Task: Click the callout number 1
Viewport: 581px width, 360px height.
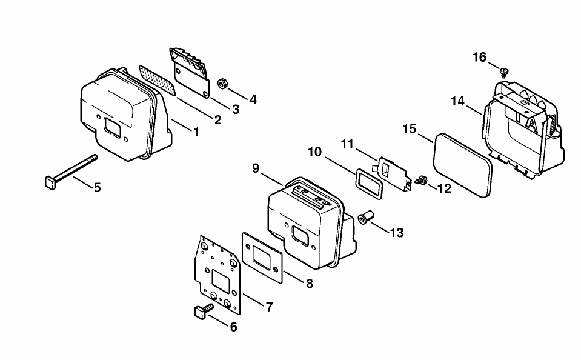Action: tap(196, 132)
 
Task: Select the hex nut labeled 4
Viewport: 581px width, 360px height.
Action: tap(222, 84)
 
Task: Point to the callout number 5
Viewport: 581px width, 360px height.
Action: tap(97, 188)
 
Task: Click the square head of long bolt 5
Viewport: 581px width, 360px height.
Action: tap(50, 183)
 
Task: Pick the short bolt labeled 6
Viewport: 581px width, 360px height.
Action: tap(204, 310)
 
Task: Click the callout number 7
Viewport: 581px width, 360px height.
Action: tap(270, 307)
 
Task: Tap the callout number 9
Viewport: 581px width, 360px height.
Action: tap(256, 168)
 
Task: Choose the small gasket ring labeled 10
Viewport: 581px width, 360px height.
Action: tap(370, 184)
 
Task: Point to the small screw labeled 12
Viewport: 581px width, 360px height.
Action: tap(420, 181)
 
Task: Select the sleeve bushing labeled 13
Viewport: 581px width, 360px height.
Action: tap(365, 218)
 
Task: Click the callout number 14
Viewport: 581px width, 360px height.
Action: tap(457, 101)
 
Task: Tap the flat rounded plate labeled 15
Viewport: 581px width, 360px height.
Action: tap(463, 165)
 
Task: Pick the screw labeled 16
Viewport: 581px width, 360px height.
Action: tap(503, 72)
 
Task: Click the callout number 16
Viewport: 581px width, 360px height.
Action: tap(479, 58)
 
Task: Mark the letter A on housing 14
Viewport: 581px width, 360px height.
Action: tap(533, 125)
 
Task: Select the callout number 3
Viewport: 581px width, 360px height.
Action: tap(236, 109)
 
